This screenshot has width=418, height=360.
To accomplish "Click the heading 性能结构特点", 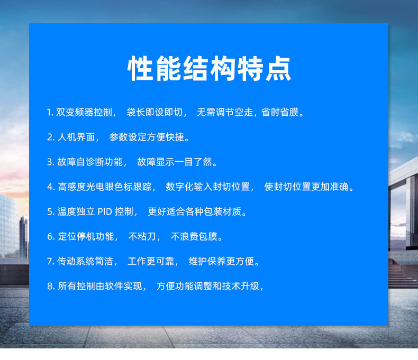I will point(209,69).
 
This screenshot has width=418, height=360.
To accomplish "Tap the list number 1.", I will point(49,113).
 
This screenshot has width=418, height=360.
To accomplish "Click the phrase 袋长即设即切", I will point(154,113).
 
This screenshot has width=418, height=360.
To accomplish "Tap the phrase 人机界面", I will point(78,137).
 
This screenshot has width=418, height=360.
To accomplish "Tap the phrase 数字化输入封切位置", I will point(207,187).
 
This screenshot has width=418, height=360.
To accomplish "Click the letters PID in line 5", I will point(105,211).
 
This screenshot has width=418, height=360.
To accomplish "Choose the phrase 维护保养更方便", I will point(222,261).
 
